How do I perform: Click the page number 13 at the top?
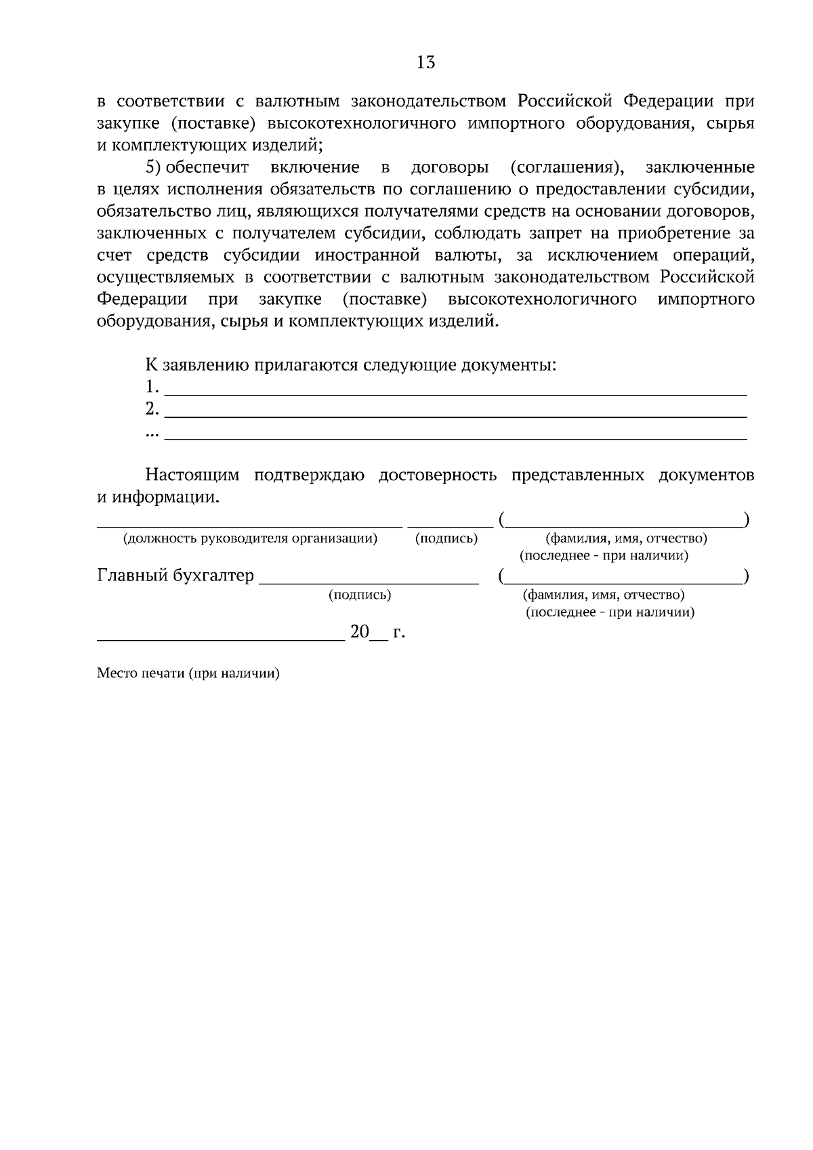click(x=426, y=63)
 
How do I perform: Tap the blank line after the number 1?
click(x=455, y=391)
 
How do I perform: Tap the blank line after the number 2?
click(x=455, y=414)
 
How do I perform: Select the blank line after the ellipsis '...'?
click(x=455, y=436)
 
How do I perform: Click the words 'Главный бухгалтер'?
click(x=175, y=576)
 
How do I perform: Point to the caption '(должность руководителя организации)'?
click(x=250, y=539)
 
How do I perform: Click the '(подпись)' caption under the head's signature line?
click(x=446, y=539)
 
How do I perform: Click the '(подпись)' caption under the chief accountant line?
click(x=359, y=595)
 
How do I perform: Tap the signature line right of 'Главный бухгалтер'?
click(x=369, y=580)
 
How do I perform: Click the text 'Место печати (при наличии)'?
click(x=188, y=674)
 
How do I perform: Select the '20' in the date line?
click(x=359, y=633)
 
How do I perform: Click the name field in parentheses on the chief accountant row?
click(x=623, y=580)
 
